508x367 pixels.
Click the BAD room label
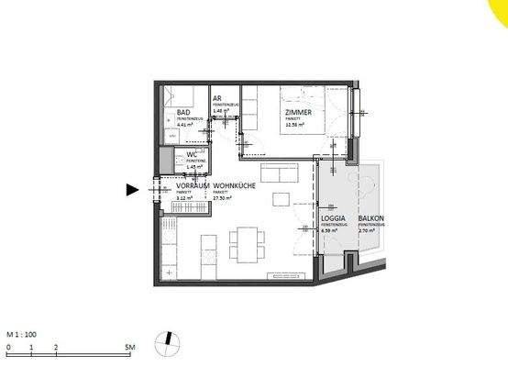coord(183,113)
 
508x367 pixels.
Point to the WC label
coord(193,155)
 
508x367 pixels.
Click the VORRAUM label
coord(193,185)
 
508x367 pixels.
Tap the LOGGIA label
coord(333,219)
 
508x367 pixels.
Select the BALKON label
coord(371,219)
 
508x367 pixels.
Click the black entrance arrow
coord(132,190)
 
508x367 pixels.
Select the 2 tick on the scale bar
coord(56,349)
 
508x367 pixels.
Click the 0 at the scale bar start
coord(8,349)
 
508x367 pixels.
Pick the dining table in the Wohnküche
coord(243,243)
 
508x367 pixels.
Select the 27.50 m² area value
coord(223,196)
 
